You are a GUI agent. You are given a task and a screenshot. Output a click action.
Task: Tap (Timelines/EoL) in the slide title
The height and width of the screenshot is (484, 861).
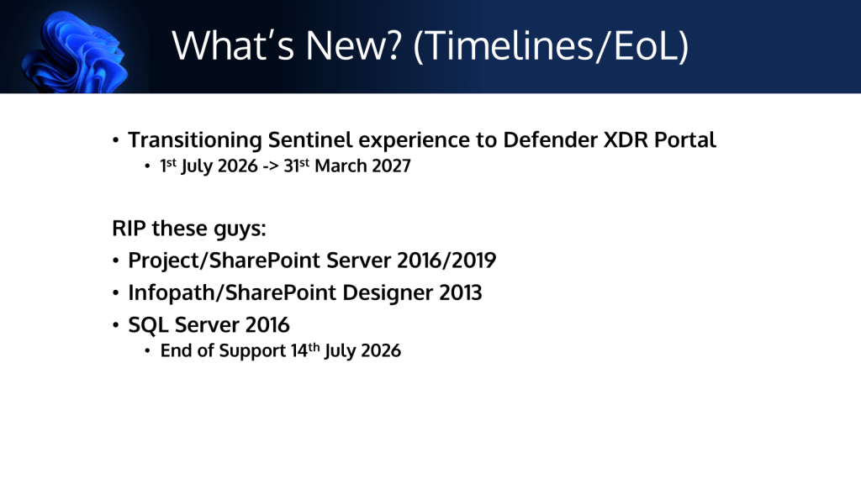tap(551, 46)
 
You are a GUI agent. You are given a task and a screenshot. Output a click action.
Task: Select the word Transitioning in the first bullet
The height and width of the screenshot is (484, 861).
tap(195, 140)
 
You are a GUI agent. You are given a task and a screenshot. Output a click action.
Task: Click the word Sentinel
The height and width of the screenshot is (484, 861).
tap(309, 140)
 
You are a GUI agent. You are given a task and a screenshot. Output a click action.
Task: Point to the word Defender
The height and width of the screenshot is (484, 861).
tap(550, 140)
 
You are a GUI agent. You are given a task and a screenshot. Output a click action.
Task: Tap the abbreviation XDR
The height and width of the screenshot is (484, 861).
tap(626, 140)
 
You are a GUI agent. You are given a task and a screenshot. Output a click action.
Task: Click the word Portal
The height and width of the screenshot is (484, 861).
tap(684, 140)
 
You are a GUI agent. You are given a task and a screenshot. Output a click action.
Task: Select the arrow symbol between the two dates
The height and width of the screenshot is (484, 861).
tap(271, 166)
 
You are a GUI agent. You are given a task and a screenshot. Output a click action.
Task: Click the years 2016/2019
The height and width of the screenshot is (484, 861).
tap(446, 260)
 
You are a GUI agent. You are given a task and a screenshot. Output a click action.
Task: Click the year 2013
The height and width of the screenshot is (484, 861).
tap(460, 292)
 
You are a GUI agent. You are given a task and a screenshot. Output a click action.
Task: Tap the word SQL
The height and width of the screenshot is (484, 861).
tap(148, 325)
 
